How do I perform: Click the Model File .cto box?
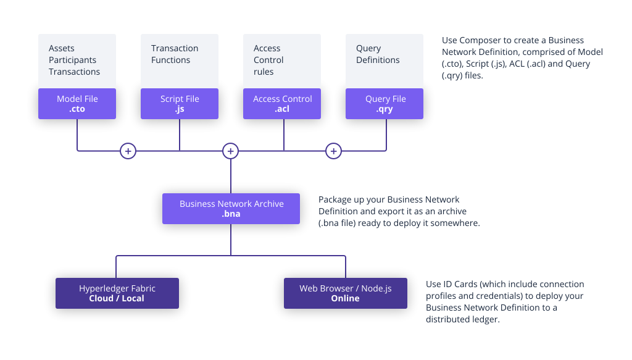coord(77,104)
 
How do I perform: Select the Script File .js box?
coord(180,104)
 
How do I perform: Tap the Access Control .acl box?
coord(282,104)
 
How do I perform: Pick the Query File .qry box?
coord(385,104)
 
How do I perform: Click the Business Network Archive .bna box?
coord(231,209)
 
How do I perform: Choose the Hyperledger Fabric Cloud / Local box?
coord(117,293)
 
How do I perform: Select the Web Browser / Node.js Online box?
coord(345,293)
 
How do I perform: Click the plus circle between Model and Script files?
coord(128,151)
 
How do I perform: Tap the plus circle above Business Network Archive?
coord(230,151)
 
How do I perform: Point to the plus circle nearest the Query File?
coord(333,151)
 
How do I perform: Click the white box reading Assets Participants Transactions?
coord(77,61)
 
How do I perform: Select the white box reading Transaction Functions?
coord(180,61)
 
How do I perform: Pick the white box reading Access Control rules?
coord(282,61)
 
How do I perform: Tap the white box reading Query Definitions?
coord(385,61)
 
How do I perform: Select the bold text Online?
coord(345,298)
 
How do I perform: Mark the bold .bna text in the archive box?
coord(231,214)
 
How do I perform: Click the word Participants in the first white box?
coord(72,60)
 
